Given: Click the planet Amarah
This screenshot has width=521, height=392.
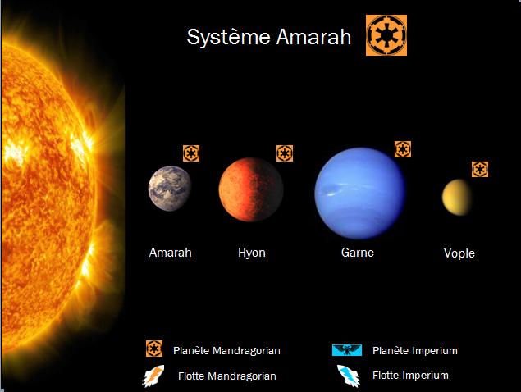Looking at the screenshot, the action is click(170, 189).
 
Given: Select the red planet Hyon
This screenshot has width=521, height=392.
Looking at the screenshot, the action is click(251, 189).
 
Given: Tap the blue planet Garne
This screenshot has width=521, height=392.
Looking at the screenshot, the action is click(360, 194).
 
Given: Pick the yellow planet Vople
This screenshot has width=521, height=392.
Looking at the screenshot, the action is click(457, 198).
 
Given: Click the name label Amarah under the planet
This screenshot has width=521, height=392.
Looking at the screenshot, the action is click(170, 253).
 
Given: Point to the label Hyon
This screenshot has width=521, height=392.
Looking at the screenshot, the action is click(252, 253).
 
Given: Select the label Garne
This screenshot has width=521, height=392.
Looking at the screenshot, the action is click(358, 253).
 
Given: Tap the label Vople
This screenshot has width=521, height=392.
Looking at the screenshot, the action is click(459, 253).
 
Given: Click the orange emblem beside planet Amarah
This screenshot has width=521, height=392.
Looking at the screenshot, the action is click(191, 153).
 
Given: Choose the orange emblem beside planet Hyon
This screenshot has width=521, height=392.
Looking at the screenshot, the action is click(285, 153).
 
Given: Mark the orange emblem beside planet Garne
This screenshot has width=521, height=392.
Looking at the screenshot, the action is click(403, 149).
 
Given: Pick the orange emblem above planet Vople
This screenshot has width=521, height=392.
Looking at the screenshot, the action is click(480, 169).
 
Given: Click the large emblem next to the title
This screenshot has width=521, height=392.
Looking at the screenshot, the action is click(386, 35).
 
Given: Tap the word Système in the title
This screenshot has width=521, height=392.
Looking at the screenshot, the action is click(229, 37).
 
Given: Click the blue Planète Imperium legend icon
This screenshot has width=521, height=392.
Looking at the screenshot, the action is click(347, 350).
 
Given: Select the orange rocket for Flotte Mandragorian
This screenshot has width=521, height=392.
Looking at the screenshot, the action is click(153, 376).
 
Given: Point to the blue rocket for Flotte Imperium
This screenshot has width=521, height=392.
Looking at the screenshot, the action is click(348, 376).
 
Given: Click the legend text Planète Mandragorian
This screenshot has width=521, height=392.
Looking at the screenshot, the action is click(226, 350).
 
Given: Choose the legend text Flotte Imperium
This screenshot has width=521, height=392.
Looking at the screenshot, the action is click(410, 376).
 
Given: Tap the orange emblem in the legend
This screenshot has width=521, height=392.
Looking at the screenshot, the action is click(154, 349).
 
